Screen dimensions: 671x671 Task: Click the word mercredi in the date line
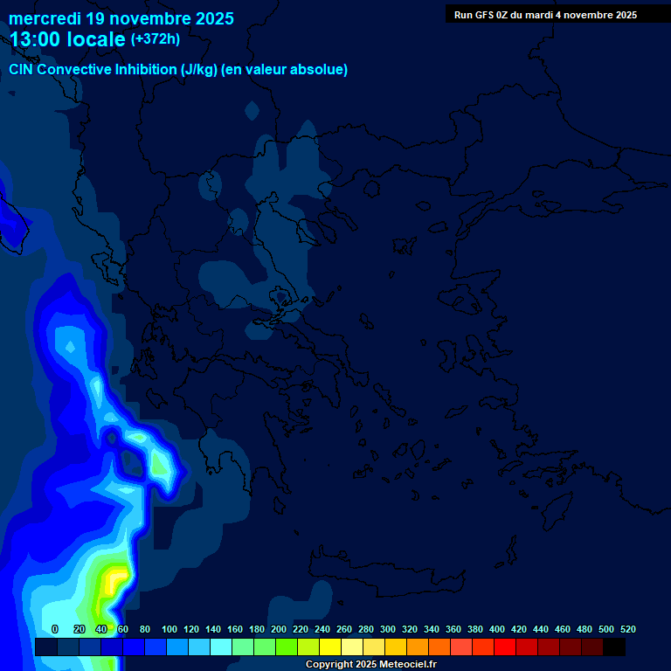(46, 18)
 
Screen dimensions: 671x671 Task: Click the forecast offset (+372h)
(155, 39)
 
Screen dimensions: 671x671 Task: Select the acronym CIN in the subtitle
(22, 70)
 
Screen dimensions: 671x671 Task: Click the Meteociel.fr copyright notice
(370, 665)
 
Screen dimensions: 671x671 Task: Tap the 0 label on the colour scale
(55, 629)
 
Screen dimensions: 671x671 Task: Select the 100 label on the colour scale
(169, 629)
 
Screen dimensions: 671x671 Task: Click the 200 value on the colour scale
(279, 629)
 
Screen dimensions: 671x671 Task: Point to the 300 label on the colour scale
(388, 629)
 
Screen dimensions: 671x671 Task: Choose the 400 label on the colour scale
(497, 629)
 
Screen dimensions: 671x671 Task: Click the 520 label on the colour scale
(627, 629)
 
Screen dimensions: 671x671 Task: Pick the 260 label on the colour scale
(344, 629)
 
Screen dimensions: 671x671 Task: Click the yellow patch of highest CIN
(111, 578)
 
